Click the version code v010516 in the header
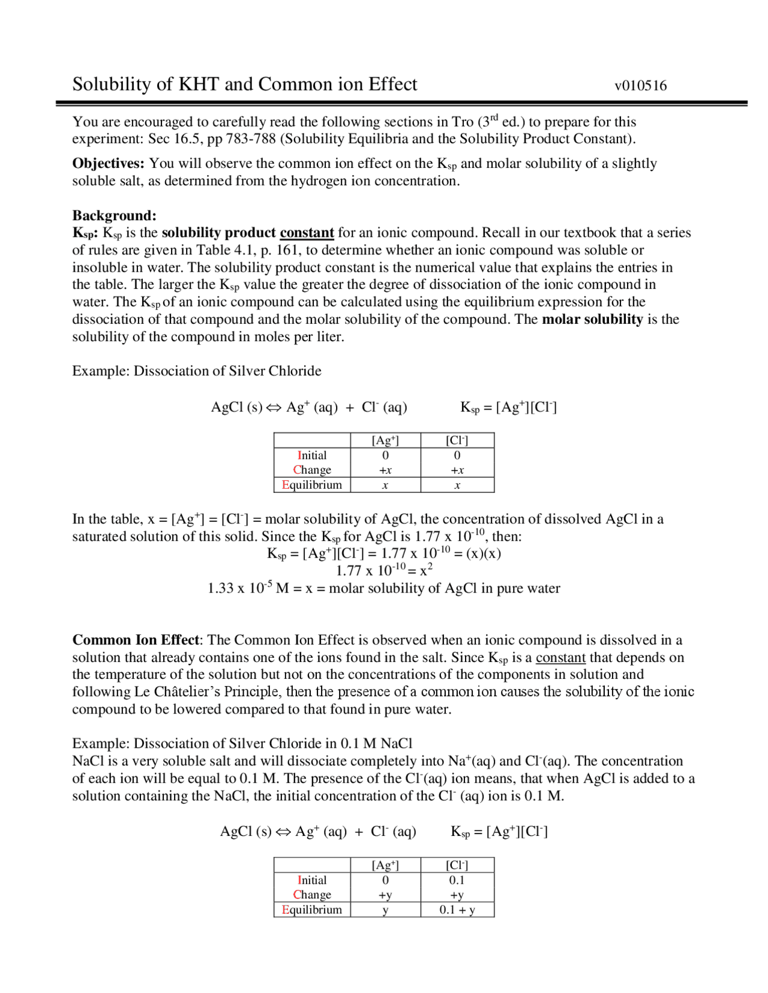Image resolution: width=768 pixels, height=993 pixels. tap(640, 86)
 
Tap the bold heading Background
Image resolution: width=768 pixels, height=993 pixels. tap(114, 215)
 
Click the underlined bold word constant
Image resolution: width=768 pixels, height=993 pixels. tap(307, 233)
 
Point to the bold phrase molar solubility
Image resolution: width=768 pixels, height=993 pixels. tap(592, 319)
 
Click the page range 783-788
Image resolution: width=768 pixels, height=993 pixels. tap(248, 139)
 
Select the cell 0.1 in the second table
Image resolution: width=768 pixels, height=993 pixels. tap(457, 880)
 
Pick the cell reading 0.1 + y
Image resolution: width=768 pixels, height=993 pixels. tap(457, 910)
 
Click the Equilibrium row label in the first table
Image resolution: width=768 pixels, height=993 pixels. tap(312, 485)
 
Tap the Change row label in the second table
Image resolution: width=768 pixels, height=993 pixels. tap(312, 895)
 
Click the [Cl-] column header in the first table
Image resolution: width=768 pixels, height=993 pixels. tap(457, 440)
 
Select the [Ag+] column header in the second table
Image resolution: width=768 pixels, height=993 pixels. tap(385, 865)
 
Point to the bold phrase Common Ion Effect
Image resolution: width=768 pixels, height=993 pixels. tap(136, 640)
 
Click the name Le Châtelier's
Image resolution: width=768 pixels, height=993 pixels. tap(177, 692)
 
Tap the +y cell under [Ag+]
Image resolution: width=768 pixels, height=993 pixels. tap(385, 895)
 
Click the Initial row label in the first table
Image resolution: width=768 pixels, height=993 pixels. tap(312, 456)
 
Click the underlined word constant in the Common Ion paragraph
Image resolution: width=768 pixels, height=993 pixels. tap(560, 658)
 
